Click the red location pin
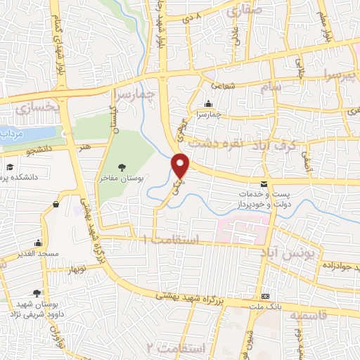point(181,165)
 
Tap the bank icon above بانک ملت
point(265,296)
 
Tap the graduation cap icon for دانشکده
point(11,167)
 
